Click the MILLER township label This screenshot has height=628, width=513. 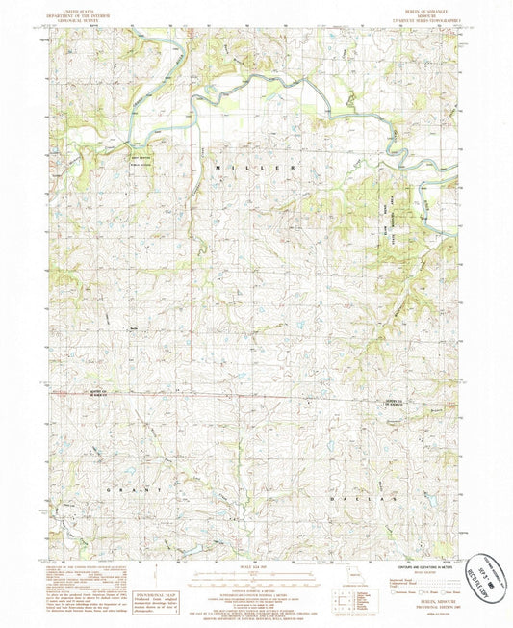point(257,168)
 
